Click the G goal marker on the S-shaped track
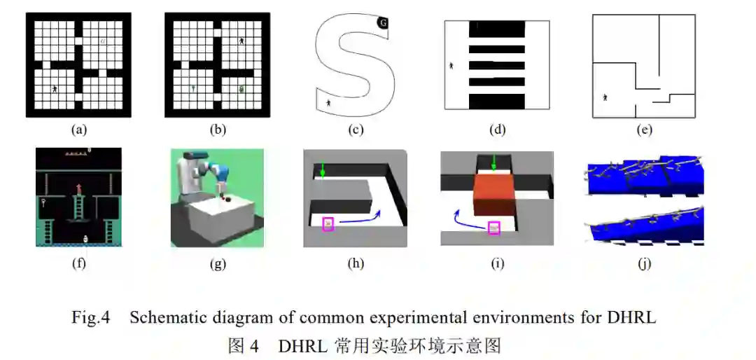click(382, 23)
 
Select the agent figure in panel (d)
click(451, 66)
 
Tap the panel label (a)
click(78, 130)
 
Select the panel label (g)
click(218, 263)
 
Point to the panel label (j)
click(645, 263)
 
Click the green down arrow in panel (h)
click(323, 169)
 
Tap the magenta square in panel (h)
click(328, 223)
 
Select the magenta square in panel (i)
click(494, 227)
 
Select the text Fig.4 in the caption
click(91, 317)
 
